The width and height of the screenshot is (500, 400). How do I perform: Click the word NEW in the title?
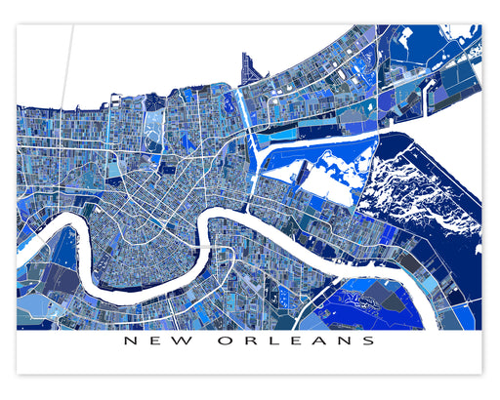[x=158, y=341]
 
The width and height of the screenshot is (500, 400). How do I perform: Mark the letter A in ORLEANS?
[x=320, y=341]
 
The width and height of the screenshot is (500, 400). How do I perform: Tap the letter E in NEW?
[x=158, y=341]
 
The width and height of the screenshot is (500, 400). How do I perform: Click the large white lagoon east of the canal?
[x=322, y=171]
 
